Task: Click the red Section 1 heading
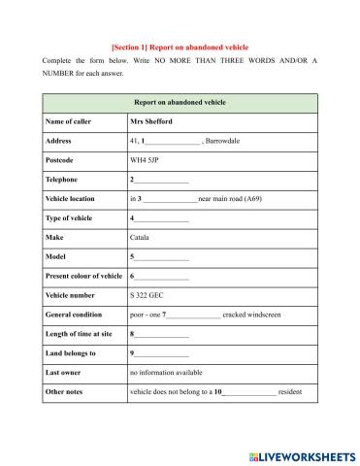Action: click(x=180, y=46)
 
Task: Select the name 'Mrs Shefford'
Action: click(x=150, y=122)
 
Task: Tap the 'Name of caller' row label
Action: click(x=68, y=122)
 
